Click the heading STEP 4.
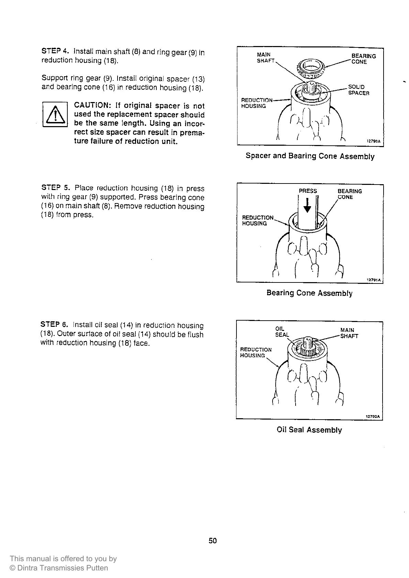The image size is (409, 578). coord(55,51)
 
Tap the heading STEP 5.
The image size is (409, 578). coord(55,188)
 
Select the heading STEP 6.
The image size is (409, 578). coord(54,324)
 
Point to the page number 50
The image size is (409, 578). coord(213,541)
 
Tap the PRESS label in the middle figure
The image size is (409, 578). coord(308,191)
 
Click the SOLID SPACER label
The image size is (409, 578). coord(358,90)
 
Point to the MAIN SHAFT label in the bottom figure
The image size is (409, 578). coord(349,333)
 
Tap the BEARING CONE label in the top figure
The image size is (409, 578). coord(363,59)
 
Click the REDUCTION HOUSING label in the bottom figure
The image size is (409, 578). coord(256,352)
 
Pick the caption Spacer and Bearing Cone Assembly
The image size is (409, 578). coord(310,156)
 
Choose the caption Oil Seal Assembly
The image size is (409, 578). coord(309,430)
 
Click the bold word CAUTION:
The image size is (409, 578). coord(91,105)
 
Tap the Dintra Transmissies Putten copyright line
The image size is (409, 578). coord(59,568)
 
